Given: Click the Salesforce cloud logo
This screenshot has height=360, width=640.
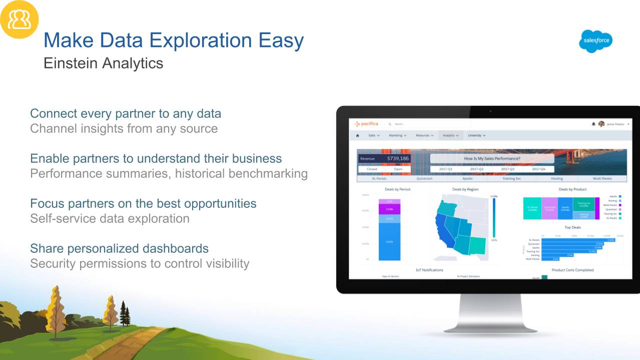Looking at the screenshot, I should (595, 42).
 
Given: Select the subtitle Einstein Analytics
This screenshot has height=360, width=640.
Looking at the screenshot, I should (103, 64).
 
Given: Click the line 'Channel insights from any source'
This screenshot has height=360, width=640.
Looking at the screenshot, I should (124, 129).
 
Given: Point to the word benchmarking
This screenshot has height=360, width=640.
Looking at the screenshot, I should (268, 174).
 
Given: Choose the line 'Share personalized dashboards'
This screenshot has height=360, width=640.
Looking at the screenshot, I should (119, 248).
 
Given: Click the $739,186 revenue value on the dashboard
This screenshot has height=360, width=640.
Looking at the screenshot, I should (397, 159).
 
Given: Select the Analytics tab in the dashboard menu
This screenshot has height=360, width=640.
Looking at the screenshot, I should (450, 135).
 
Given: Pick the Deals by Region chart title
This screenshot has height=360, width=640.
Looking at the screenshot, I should (465, 189).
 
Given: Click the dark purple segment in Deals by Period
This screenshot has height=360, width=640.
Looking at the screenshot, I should (389, 209).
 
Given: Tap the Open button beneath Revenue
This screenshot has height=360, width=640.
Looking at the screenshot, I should (398, 169).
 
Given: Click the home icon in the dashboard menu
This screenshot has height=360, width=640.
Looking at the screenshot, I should (357, 135).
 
